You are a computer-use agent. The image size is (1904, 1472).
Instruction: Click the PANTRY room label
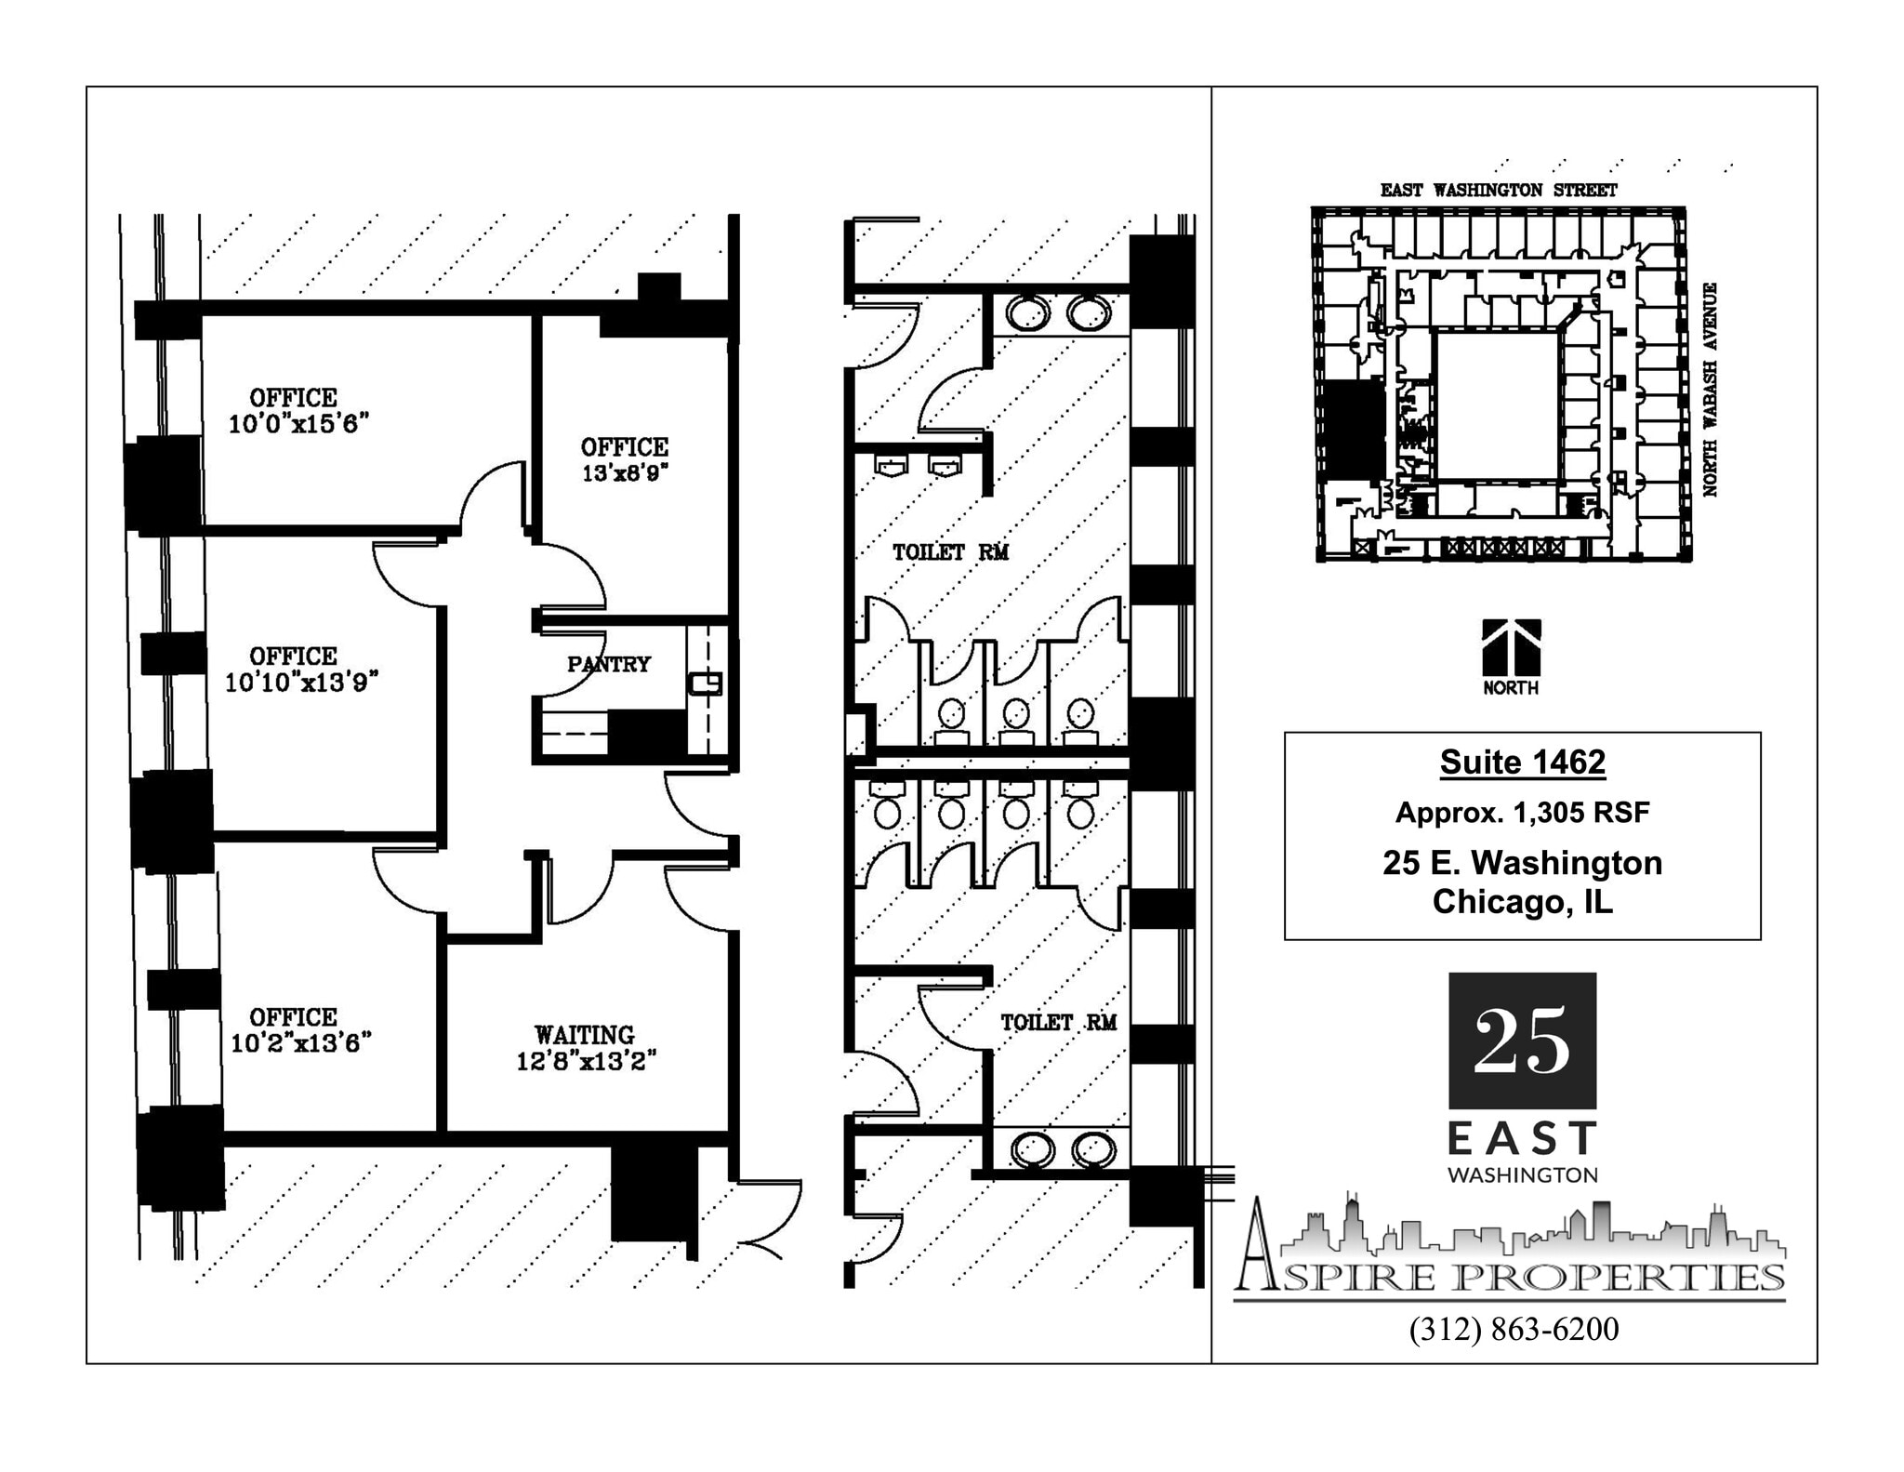(608, 664)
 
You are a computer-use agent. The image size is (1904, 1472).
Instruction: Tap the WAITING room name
(584, 1034)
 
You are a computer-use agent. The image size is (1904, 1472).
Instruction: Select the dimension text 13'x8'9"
(625, 473)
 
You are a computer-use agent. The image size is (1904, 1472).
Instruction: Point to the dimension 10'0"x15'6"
(298, 424)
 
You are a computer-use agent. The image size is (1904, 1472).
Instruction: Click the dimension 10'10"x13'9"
(301, 683)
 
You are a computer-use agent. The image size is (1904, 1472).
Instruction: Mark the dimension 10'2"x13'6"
(300, 1043)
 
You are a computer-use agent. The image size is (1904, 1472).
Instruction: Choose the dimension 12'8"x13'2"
(586, 1061)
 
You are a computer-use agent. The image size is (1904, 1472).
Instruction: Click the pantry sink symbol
(705, 683)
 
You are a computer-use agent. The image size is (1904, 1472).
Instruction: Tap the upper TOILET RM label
(950, 552)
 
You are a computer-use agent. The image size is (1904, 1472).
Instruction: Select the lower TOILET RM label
(1058, 1023)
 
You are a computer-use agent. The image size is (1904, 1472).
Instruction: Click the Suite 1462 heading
(1522, 763)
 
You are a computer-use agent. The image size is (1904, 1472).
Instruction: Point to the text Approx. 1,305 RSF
(1522, 813)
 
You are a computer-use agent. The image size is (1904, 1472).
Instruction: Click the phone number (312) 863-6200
(1514, 1330)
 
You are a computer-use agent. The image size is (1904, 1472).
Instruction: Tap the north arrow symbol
(1511, 648)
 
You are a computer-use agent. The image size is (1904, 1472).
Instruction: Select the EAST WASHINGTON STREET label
(1498, 191)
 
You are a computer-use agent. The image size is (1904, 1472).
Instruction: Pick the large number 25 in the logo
(1522, 1041)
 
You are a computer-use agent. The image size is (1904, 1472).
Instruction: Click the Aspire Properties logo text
(1511, 1276)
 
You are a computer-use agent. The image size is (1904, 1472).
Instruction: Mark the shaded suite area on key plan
(1354, 431)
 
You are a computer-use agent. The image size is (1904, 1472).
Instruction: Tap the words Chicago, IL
(1522, 902)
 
